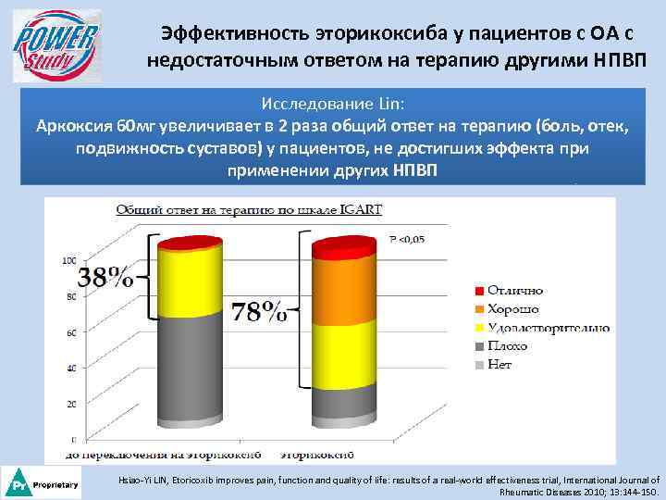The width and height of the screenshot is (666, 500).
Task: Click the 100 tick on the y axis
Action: click(68, 261)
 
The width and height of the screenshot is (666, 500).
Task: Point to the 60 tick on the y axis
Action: click(69, 332)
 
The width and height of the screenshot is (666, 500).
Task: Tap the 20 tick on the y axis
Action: click(69, 405)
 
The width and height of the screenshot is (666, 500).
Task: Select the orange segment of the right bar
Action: click(344, 292)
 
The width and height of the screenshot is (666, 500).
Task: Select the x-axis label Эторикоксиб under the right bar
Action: click(317, 456)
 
